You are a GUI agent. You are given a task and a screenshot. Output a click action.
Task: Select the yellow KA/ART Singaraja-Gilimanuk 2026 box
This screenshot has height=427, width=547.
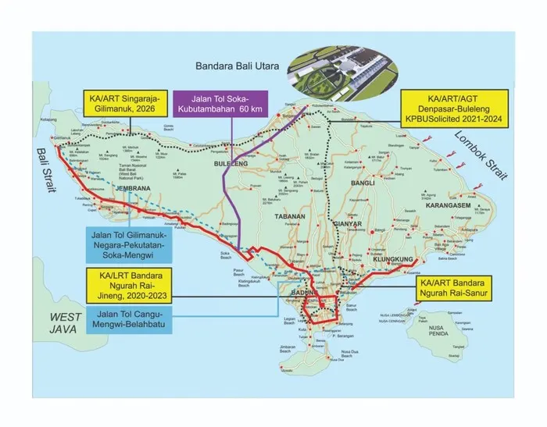tap(125, 106)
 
